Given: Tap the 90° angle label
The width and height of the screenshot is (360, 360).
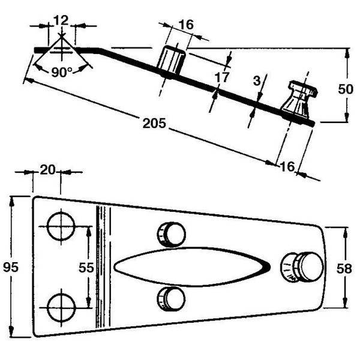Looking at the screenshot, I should coord(61,72).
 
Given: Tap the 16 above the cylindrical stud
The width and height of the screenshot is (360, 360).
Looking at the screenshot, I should coord(186,25).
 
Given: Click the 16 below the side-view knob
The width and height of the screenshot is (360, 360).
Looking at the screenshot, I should coord(287,166).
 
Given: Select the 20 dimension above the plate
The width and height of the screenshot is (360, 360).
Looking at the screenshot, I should coord(48,171).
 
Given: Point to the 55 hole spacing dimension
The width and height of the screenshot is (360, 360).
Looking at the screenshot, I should coord(86,268).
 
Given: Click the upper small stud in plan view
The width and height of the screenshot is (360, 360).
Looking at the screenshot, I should coord(171,234).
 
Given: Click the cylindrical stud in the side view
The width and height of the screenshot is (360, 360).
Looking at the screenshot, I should coord(172,61).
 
